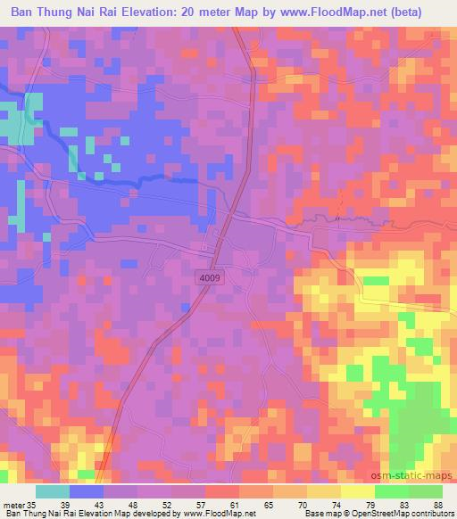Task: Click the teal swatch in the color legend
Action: click(53, 491)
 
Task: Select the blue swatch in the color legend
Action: click(87, 491)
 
